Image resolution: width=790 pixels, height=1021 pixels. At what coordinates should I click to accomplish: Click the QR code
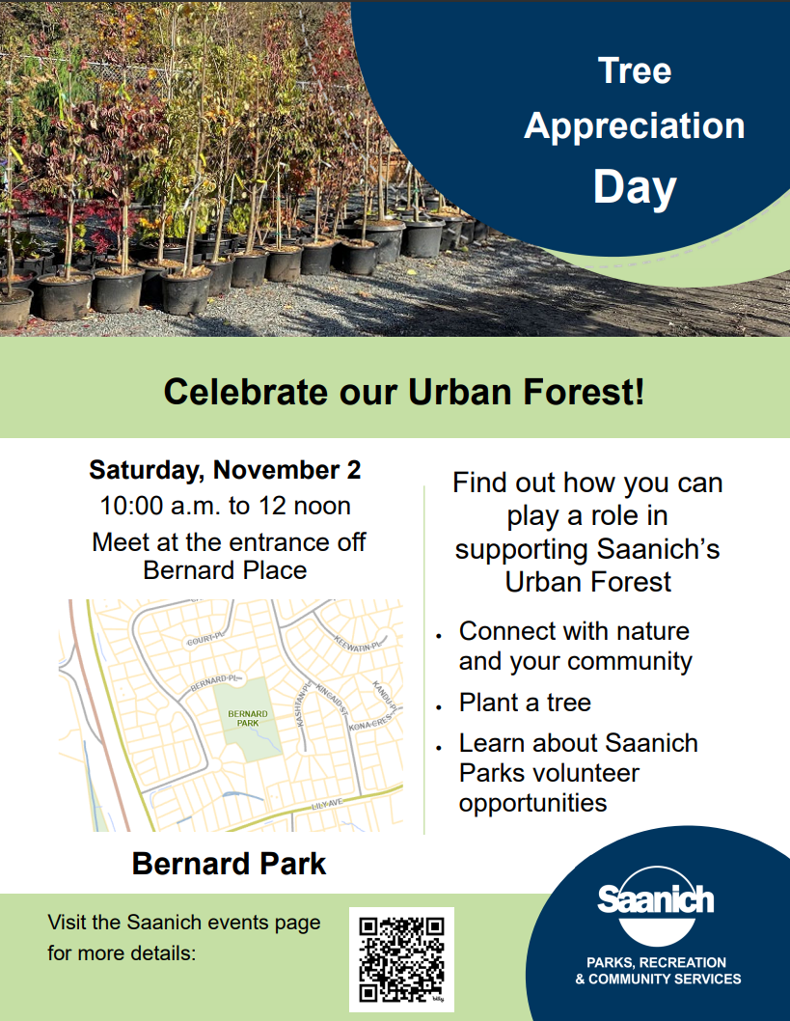(x=401, y=959)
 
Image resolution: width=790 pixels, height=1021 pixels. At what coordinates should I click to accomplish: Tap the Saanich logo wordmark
(x=655, y=899)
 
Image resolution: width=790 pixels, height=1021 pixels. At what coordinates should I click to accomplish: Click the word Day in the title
(x=635, y=188)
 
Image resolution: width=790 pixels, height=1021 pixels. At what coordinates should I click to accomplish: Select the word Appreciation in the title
(x=635, y=125)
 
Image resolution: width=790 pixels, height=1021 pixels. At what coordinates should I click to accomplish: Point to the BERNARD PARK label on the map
(x=247, y=718)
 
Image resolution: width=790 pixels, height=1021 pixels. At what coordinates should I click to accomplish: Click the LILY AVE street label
(x=327, y=805)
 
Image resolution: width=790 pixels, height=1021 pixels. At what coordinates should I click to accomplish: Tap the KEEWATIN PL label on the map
(x=357, y=643)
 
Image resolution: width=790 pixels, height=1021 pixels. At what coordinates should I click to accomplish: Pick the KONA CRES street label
(x=370, y=722)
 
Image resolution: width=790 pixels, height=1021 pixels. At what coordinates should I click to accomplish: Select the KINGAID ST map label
(x=332, y=700)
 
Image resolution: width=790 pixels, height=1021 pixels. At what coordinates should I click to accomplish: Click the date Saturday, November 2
(x=225, y=470)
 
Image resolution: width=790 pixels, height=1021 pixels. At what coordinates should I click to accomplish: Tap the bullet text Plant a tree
(x=525, y=703)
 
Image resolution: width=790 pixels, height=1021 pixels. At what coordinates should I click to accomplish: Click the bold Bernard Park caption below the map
(x=229, y=864)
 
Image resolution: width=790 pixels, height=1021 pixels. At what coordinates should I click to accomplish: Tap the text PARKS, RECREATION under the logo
(x=656, y=962)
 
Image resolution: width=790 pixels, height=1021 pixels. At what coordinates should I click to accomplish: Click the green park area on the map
(x=248, y=720)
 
